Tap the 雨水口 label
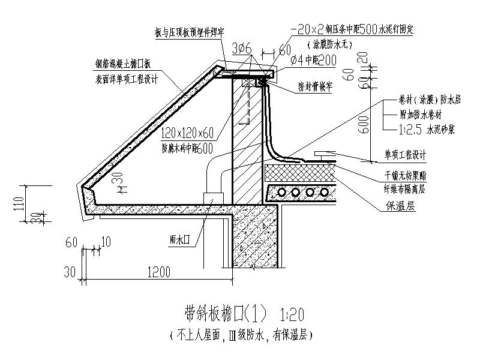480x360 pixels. point(179,238)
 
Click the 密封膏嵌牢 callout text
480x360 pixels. point(316,86)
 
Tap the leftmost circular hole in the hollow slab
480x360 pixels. point(280,192)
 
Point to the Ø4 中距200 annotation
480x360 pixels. point(312,59)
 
